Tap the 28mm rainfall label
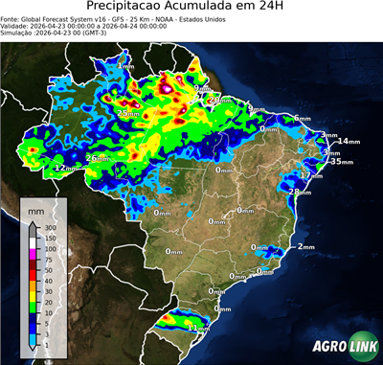click(301, 192)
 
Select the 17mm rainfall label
click(311, 175)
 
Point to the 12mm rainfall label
click(65, 168)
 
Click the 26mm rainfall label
click(98, 158)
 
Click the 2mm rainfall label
click(305, 247)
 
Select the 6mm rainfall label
click(303, 119)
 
